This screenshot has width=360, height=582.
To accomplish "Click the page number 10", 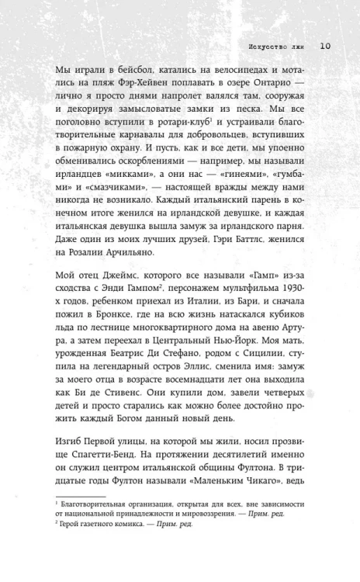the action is (x=325, y=46).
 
